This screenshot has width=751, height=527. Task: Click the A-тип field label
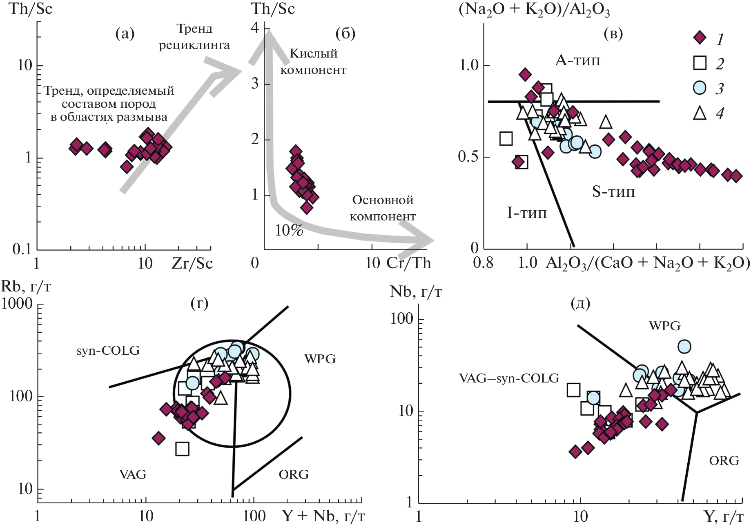click(x=577, y=61)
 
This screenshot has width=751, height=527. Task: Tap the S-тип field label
click(x=613, y=191)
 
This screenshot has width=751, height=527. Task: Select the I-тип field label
click(x=527, y=213)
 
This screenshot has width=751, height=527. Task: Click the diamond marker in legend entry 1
click(x=700, y=38)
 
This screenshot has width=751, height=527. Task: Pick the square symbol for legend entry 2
click(x=700, y=63)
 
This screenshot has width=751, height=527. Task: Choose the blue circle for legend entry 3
click(x=700, y=88)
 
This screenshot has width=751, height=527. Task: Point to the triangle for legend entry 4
click(x=700, y=113)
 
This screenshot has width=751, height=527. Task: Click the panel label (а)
click(x=125, y=34)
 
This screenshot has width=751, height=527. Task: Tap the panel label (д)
click(x=580, y=304)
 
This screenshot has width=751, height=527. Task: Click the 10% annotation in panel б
click(x=289, y=231)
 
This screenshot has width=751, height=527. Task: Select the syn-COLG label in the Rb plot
click(x=108, y=351)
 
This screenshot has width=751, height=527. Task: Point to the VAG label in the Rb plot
click(x=133, y=474)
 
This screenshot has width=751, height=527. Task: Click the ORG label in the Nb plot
click(x=724, y=461)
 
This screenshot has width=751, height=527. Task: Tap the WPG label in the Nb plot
click(x=665, y=326)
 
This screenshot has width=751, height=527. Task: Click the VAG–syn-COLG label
click(x=509, y=378)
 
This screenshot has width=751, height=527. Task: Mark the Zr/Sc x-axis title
click(x=192, y=264)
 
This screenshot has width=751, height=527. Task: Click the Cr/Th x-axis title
click(x=408, y=264)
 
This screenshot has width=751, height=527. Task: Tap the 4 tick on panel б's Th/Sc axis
click(x=255, y=28)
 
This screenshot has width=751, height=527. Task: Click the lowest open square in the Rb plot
click(x=182, y=449)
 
